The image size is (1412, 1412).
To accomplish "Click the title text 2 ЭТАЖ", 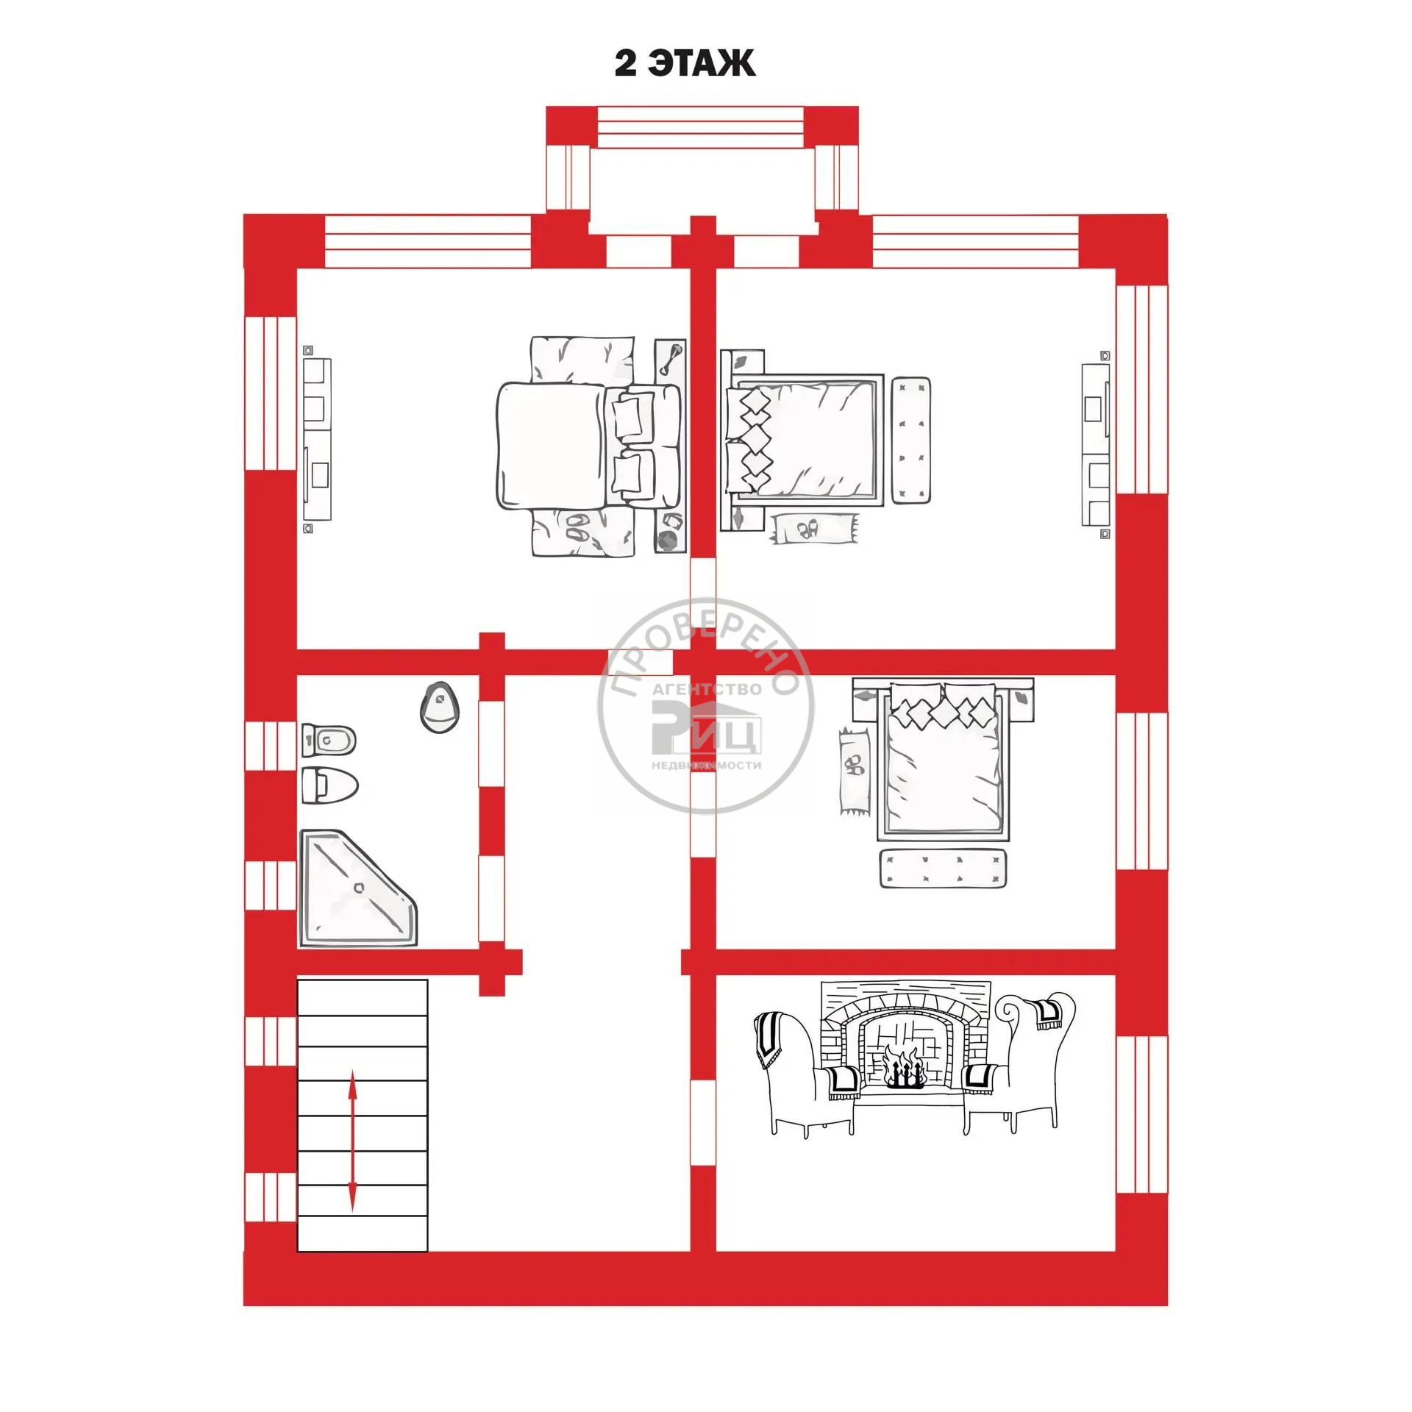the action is coord(685,64).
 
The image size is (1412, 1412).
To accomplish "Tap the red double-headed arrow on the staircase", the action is coord(353,1141).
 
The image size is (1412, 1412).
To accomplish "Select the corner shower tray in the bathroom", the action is coord(357,888).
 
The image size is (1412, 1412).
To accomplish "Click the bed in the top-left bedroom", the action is coord(588,446).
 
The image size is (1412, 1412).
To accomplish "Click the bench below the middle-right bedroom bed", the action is coord(944,869).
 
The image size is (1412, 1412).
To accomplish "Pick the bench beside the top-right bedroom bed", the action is coord(912,441).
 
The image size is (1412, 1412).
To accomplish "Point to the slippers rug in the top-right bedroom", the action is coord(815,529).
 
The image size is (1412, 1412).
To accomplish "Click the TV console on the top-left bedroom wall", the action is coord(318,439).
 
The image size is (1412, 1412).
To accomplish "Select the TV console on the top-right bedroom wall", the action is coord(1095,445).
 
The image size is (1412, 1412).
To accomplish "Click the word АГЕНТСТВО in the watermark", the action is coord(707,690).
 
